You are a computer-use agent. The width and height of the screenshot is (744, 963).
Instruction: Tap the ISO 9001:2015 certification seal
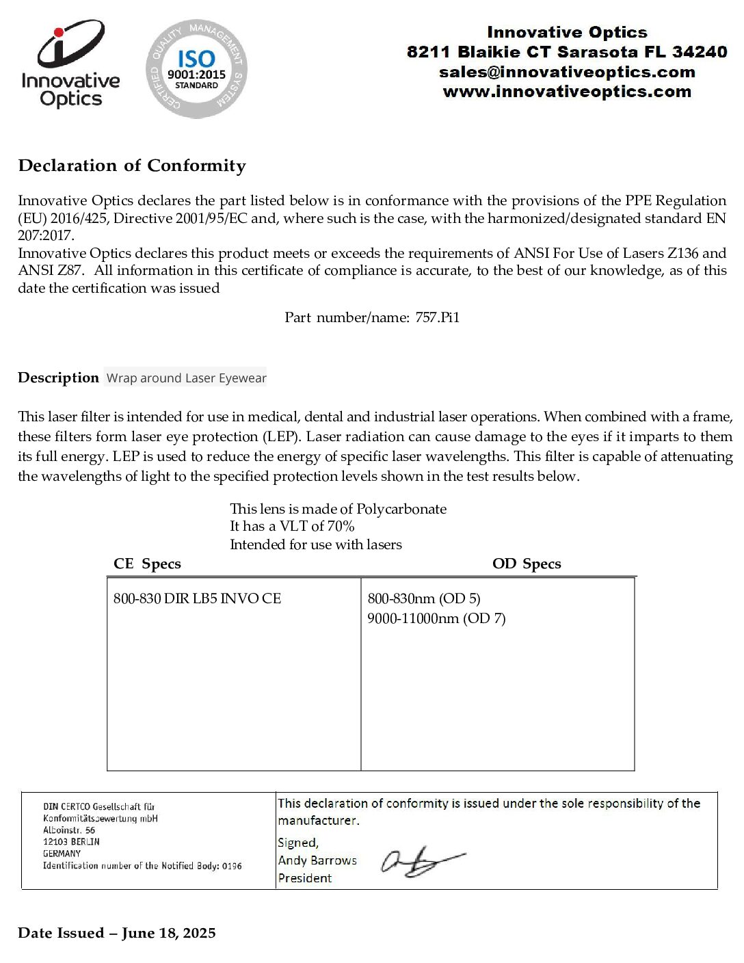(196, 68)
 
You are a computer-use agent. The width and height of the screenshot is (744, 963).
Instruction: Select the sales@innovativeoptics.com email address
(567, 72)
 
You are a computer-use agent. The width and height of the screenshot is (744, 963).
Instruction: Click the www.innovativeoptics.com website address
(567, 92)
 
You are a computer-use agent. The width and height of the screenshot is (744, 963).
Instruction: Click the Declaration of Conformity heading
(132, 166)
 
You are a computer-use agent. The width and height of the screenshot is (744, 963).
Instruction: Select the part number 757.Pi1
(438, 317)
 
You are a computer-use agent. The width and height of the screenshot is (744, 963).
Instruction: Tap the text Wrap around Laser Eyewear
(186, 378)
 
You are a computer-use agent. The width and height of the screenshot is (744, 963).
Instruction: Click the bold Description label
(58, 378)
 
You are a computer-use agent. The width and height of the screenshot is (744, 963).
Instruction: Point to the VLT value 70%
(341, 526)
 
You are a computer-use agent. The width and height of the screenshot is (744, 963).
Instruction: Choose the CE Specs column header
(147, 564)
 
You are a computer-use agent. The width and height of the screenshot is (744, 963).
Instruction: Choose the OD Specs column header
(527, 564)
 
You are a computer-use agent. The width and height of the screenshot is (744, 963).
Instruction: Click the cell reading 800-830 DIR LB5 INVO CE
(197, 598)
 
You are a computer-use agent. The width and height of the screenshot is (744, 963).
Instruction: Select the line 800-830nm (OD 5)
(424, 598)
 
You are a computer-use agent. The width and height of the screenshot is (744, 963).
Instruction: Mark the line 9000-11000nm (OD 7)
(436, 618)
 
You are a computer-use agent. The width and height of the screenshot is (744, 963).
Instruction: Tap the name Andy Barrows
(317, 860)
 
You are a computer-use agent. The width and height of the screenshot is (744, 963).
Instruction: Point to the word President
(305, 878)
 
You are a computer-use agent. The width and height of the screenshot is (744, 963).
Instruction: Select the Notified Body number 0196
(232, 866)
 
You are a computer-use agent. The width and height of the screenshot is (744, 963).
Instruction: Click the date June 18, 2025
(169, 933)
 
